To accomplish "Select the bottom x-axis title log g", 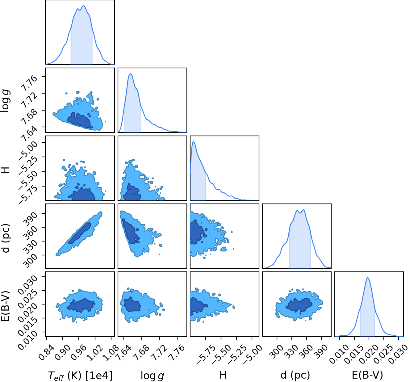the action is coord(152,376).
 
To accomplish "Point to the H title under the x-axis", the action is coord(223,375).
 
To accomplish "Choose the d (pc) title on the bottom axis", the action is coord(295,375).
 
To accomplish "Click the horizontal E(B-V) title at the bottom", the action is coord(367,375).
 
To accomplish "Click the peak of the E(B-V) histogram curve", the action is coord(367,277).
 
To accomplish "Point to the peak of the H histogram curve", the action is coord(194,141).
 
